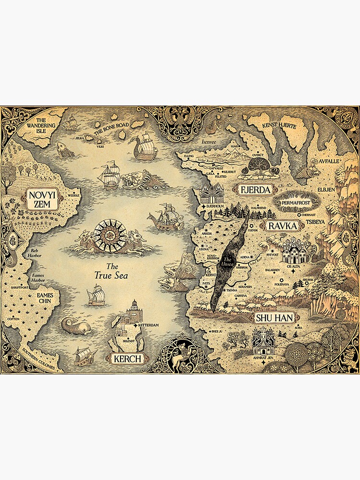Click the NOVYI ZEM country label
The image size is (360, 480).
point(42,199)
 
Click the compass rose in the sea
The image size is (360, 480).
point(110,236)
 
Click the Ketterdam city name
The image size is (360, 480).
point(148,325)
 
